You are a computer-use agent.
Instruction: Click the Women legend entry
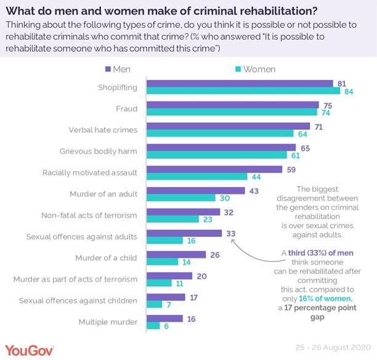(x=254, y=69)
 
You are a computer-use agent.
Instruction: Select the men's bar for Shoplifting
(x=239, y=84)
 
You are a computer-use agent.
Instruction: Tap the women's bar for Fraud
(x=232, y=113)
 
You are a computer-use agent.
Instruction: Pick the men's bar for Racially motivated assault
(x=214, y=169)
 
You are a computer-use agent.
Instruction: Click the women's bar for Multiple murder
(x=153, y=326)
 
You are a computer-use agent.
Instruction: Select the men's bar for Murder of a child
(x=176, y=254)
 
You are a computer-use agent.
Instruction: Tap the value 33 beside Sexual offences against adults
(x=230, y=234)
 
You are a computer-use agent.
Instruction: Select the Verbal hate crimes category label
(x=103, y=130)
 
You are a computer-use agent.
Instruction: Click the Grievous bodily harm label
(x=99, y=151)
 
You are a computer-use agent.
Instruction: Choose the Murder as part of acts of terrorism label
(x=76, y=279)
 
